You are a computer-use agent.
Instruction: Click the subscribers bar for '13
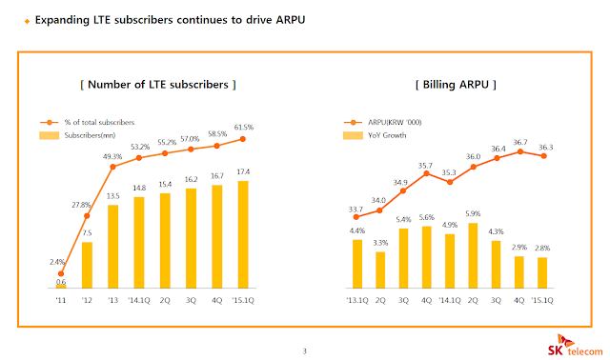[112, 247]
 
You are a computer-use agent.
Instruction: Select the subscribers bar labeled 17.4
[243, 234]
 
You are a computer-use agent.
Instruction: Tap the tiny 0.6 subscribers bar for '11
[61, 287]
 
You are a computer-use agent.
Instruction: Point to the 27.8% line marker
[87, 216]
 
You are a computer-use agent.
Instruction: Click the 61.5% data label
[244, 127]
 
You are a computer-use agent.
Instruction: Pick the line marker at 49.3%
[112, 167]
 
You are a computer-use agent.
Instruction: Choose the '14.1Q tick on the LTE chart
[139, 301]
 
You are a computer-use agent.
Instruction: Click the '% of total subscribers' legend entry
[87, 123]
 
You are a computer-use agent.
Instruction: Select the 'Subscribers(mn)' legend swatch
[50, 135]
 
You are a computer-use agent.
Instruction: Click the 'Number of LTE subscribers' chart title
[158, 85]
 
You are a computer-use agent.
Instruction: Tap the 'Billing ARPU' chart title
[456, 85]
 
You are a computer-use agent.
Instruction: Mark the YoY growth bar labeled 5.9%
[473, 255]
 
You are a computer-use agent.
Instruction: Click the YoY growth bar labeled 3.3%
[380, 270]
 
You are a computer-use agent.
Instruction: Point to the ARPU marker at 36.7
[520, 151]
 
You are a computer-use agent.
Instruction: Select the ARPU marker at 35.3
[450, 182]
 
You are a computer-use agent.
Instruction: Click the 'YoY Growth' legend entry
[375, 135]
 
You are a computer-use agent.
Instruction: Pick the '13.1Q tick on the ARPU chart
[357, 301]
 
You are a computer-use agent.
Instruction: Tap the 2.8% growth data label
[542, 248]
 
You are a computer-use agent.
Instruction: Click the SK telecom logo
[575, 346]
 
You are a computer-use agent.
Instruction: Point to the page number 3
[305, 351]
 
